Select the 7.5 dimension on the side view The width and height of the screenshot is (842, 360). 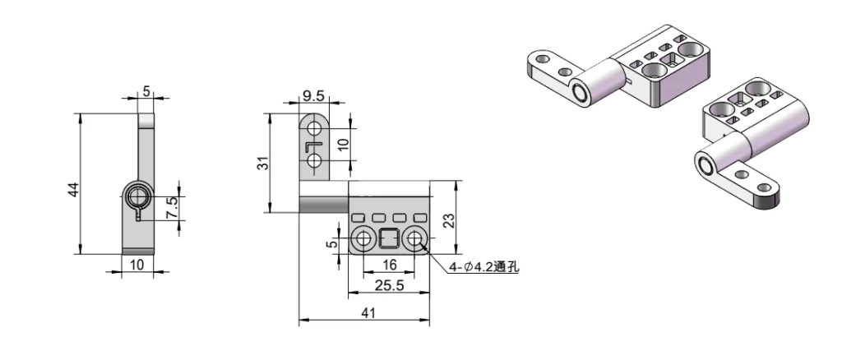click(x=170, y=207)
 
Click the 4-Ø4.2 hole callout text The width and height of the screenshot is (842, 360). click(x=483, y=266)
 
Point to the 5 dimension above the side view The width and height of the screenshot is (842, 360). click(x=146, y=91)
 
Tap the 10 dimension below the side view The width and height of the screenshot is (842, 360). click(x=137, y=264)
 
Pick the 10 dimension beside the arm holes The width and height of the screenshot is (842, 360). click(x=343, y=145)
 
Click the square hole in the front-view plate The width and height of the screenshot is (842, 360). click(x=389, y=240)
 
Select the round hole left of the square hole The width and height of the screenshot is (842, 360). click(x=363, y=240)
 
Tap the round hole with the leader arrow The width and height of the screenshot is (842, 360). click(x=415, y=240)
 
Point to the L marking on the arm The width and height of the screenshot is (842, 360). click(x=314, y=145)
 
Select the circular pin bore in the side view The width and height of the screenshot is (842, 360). click(x=137, y=196)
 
